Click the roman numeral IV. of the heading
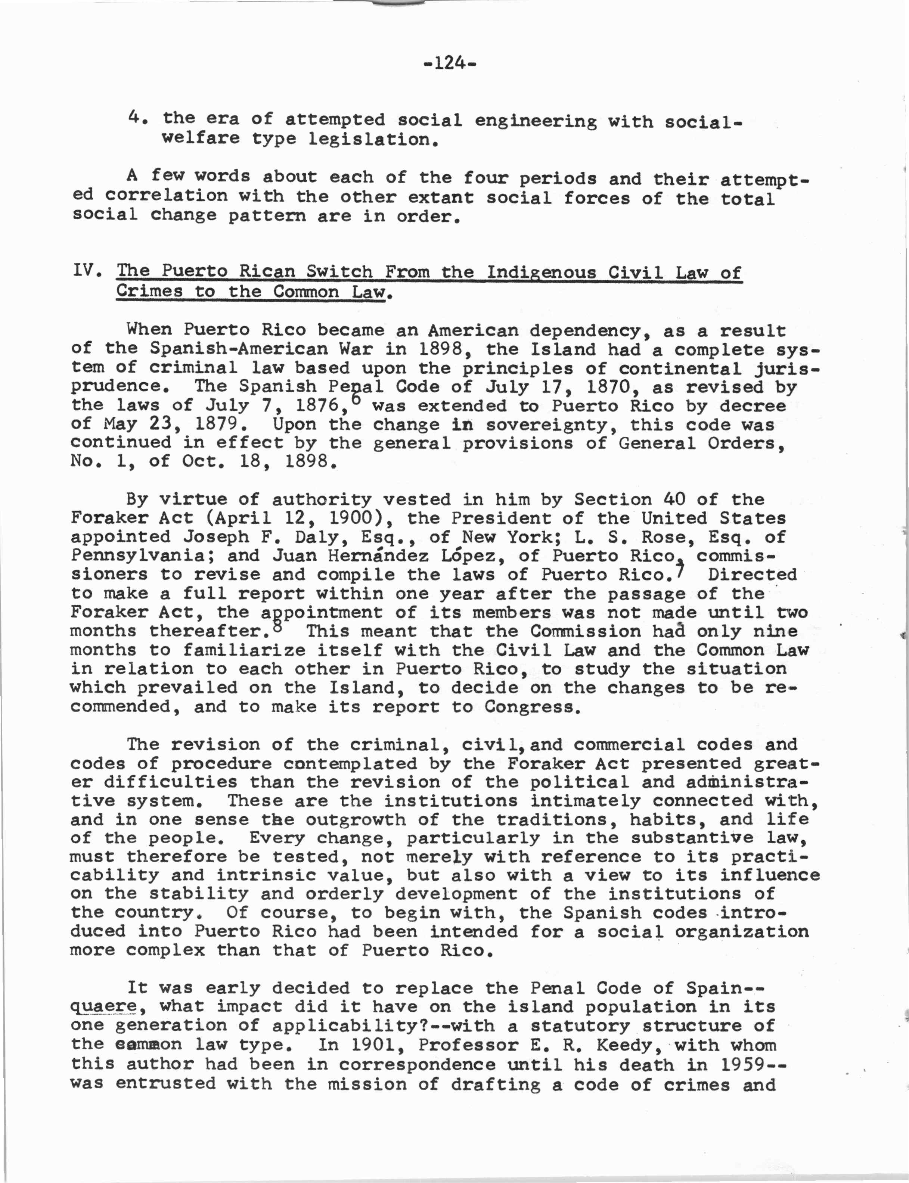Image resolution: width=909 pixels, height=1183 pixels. coord(87,269)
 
